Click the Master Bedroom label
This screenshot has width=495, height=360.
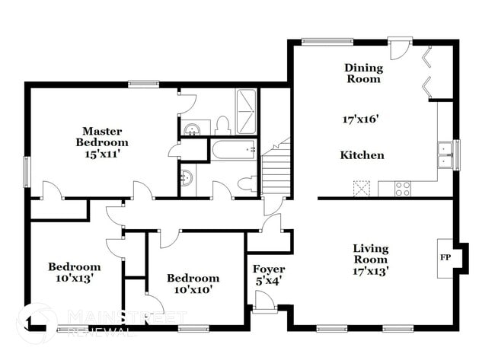coord(102,137)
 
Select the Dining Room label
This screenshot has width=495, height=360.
coord(364,73)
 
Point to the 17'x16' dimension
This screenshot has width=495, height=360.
coord(361,119)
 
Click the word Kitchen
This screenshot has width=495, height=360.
coord(362,155)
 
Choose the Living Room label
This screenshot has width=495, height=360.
coord(371,254)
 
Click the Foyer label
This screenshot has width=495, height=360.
coord(269,269)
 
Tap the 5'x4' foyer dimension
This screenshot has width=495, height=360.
coord(269,282)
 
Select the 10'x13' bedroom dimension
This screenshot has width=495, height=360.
coord(75,279)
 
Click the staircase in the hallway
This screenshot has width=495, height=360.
coord(276,171)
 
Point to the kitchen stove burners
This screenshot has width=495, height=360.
coord(403,188)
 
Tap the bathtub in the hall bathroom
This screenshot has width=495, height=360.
coord(234,150)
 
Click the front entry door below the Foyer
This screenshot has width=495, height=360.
coord(266,302)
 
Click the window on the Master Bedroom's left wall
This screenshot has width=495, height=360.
coord(26,170)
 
